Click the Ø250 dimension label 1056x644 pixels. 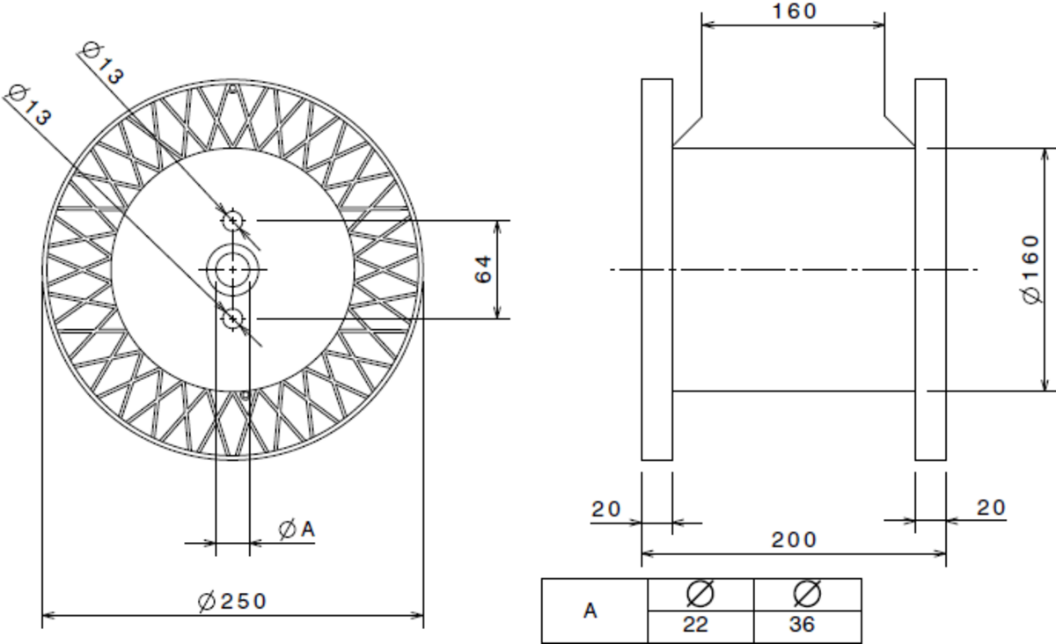click(232, 602)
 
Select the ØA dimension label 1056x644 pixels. click(297, 530)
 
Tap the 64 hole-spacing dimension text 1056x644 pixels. click(483, 270)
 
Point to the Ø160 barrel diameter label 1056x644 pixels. click(1035, 268)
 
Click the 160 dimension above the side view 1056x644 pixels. click(795, 11)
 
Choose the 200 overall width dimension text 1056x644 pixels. click(795, 539)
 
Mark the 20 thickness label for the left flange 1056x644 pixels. click(605, 509)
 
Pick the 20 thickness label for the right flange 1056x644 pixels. click(991, 508)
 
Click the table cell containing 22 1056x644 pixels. click(701, 626)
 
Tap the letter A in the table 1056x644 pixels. click(592, 611)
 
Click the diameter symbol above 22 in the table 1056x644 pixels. click(700, 594)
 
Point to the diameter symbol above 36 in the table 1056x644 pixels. click(807, 594)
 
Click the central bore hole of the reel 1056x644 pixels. click(232, 269)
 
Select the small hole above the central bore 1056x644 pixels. click(232, 220)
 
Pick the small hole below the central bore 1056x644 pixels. click(232, 318)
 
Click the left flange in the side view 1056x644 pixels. click(656, 269)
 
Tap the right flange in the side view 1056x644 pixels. click(930, 269)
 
